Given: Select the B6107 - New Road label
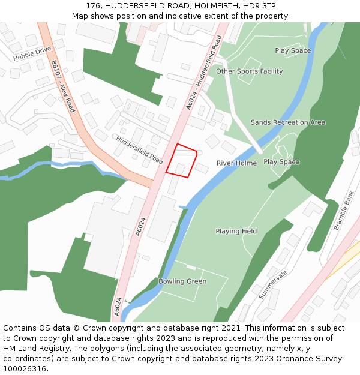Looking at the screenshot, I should pos(62,86).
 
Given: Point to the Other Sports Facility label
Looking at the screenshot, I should pos(249,71).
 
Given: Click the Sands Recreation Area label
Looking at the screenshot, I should pos(288,122).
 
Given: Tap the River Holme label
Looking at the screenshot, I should pos(236,163).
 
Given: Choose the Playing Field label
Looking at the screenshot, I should pos(236,231).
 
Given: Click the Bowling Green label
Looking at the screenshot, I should pos(182,281).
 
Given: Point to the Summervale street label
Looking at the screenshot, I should pos(274,284).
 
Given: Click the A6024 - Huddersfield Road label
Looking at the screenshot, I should pos(204,73).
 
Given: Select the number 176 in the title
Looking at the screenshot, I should pos(94,5).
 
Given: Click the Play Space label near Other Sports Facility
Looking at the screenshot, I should pos(293,50).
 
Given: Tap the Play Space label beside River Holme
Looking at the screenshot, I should pos(281,162).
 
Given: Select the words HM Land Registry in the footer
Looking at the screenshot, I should pos(32,348).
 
